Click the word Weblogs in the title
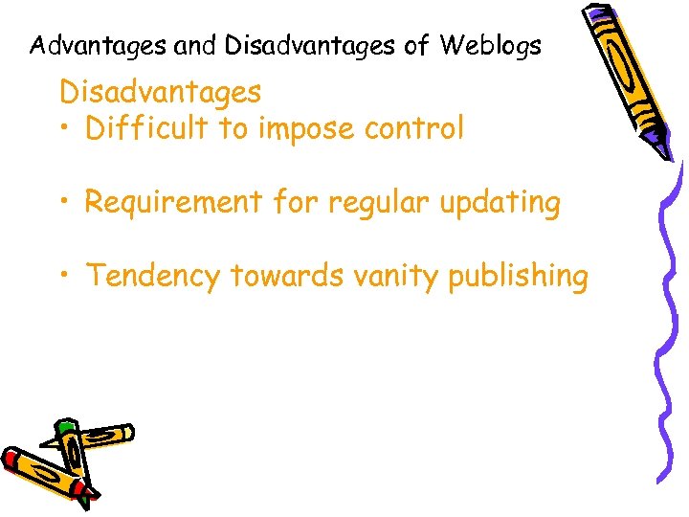pos(491,45)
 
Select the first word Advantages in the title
pos(98,45)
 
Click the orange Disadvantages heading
pos(160,92)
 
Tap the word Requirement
pos(173,203)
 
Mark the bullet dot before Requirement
pos(64,203)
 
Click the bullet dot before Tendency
pos(64,276)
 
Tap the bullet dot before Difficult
pos(64,128)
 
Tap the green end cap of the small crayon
pos(64,425)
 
